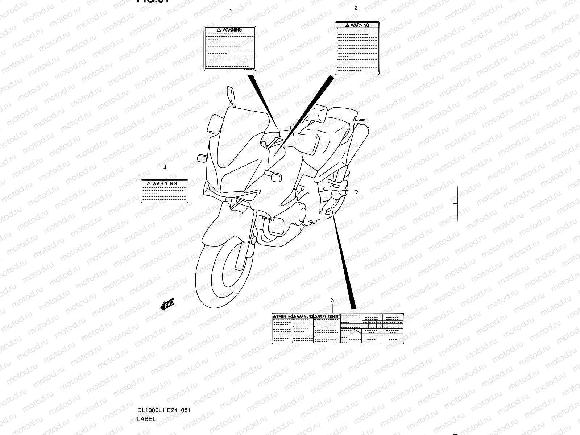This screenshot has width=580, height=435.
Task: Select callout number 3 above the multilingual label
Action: pos(332,300)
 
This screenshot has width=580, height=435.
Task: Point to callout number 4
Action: pos(165,167)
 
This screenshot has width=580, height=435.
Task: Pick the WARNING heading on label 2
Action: pos(360,25)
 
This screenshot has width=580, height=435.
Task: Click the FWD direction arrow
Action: pos(167,305)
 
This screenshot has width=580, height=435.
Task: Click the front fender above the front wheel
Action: pos(225,225)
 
